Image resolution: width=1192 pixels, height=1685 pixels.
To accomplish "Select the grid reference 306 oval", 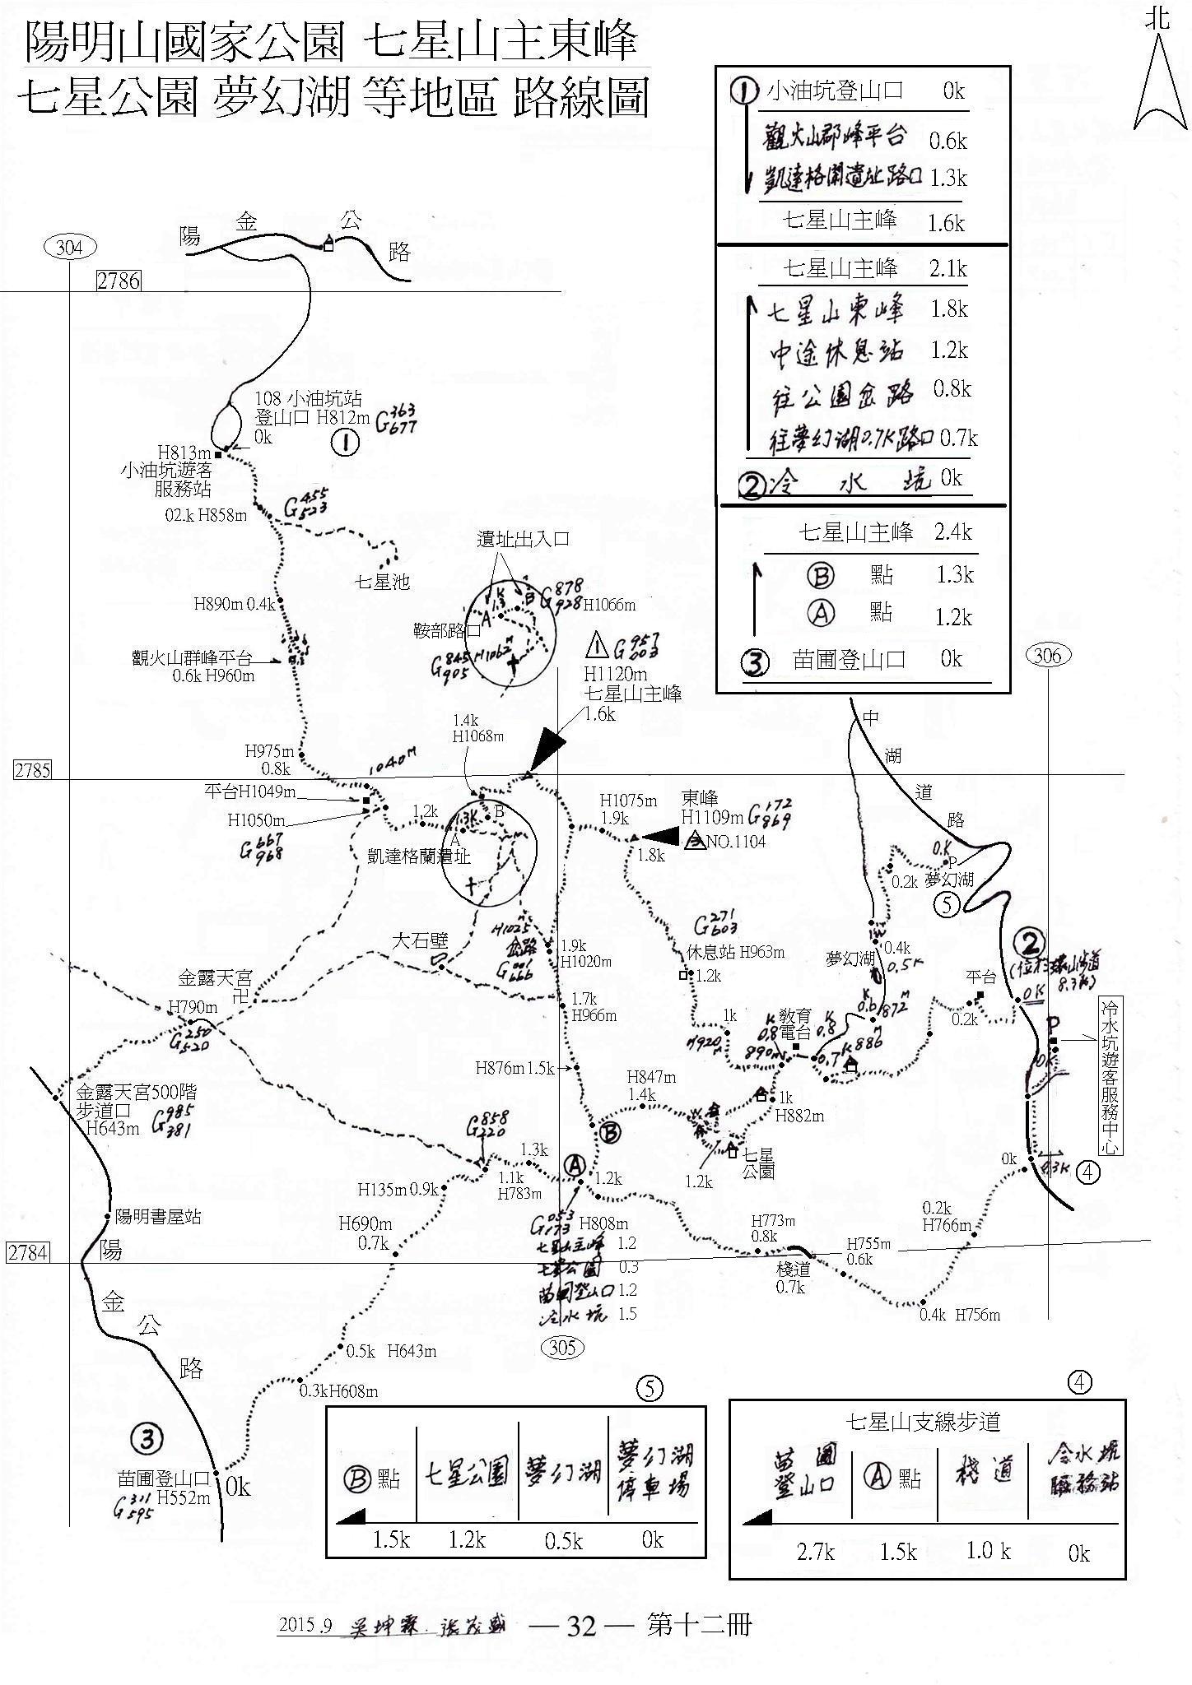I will pyautogui.click(x=1047, y=656).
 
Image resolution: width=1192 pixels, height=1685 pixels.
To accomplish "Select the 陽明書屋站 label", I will pyautogui.click(x=158, y=1217).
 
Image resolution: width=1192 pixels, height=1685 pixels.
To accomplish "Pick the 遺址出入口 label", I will pyautogui.click(x=524, y=540).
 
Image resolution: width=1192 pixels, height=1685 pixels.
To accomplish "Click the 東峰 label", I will pyautogui.click(x=700, y=798).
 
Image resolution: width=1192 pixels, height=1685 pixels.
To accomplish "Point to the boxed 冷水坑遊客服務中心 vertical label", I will pyautogui.click(x=1110, y=1078).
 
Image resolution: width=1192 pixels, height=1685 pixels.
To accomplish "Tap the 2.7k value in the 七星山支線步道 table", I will pyautogui.click(x=816, y=1552).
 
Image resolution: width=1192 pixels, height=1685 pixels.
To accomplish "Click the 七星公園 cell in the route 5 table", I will pyautogui.click(x=467, y=1474).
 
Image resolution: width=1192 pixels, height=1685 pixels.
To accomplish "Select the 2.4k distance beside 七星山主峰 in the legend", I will pyautogui.click(x=953, y=532).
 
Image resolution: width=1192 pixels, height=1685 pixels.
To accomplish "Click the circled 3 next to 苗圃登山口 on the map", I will pyautogui.click(x=147, y=1438).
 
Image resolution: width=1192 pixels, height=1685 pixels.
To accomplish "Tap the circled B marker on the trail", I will pyautogui.click(x=610, y=1133).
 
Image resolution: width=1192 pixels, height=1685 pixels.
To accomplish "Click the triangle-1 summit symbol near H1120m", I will pyautogui.click(x=598, y=643).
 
